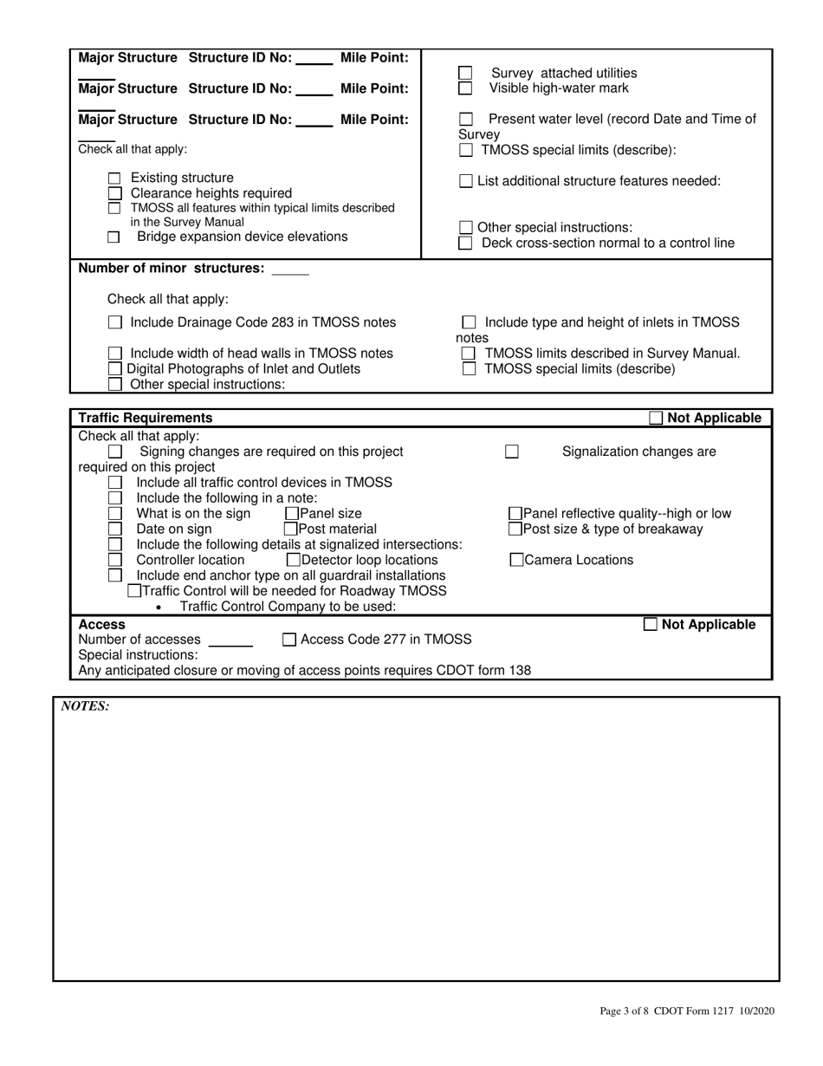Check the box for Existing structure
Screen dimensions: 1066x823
113,179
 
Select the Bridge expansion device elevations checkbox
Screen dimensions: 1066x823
113,237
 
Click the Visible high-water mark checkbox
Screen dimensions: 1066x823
465,88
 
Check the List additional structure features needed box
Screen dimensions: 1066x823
465,181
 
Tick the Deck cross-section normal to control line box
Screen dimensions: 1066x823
465,244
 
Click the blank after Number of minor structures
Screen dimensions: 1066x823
290,270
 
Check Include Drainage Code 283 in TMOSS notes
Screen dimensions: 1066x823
114,323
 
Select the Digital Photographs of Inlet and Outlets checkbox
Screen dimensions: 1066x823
114,369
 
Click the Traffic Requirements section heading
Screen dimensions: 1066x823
145,418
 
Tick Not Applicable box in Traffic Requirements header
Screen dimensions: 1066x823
656,419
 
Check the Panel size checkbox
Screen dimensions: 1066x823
291,514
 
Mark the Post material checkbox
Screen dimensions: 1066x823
291,530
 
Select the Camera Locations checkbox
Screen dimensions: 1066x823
516,561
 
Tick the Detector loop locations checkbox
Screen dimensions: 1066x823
293,561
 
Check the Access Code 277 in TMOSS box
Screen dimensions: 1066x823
290,640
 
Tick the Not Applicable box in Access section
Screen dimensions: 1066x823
651,625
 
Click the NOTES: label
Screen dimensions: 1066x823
84,706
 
